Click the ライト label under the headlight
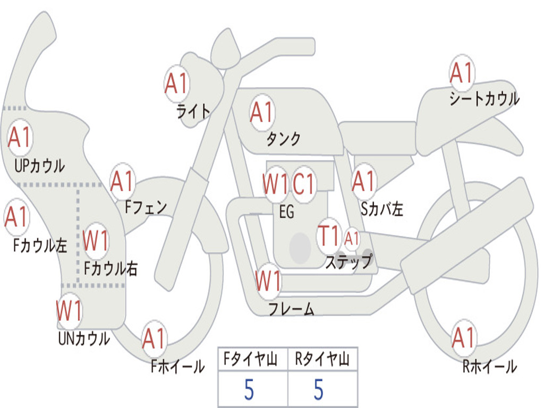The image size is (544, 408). (193, 111)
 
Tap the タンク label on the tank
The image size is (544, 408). (283, 139)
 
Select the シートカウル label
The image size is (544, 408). (484, 99)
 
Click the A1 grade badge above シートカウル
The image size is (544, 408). (461, 73)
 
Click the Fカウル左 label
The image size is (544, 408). (40, 245)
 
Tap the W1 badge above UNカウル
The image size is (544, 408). (69, 310)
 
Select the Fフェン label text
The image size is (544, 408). (146, 207)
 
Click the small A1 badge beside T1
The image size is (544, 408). (352, 239)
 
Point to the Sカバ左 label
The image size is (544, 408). (382, 209)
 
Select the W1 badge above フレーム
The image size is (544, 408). (268, 282)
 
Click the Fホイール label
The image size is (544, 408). (177, 367)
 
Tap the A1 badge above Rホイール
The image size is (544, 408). (463, 338)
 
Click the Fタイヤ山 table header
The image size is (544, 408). (252, 360)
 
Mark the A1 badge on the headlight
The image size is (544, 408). (176, 83)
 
